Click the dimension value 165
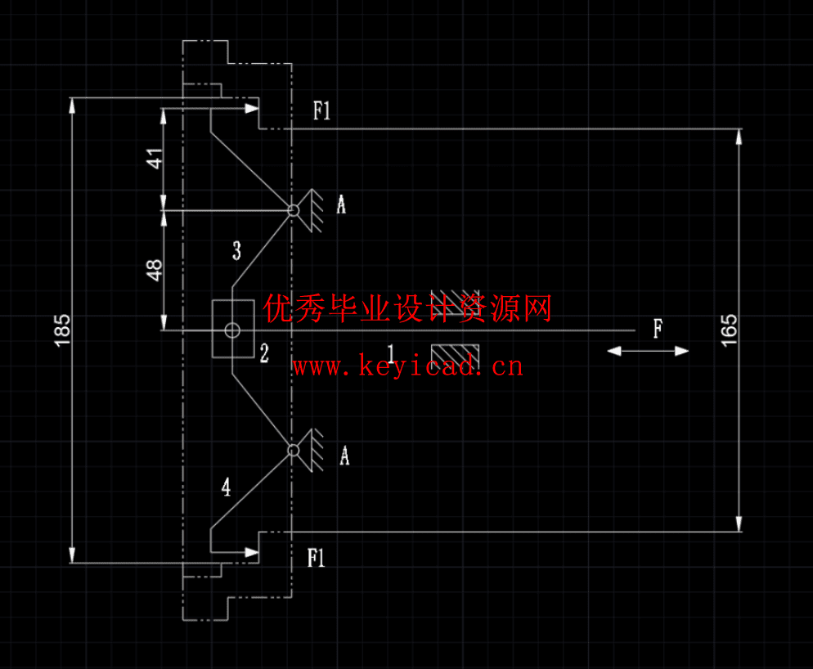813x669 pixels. coord(730,329)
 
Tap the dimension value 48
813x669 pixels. coord(154,270)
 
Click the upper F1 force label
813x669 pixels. coord(322,111)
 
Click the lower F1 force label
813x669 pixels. coord(317,559)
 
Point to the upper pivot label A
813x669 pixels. coord(341,204)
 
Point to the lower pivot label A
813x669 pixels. coord(344,456)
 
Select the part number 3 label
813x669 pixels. coord(236,251)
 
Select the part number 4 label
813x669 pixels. coord(227,488)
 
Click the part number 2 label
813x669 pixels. coord(264,354)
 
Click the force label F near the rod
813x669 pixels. coord(658,330)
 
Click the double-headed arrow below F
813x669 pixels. coord(649,351)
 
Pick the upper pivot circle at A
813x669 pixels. coord(294,210)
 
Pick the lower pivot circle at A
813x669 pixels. coord(294,449)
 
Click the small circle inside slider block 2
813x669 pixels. coord(232,330)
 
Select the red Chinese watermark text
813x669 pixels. coord(407,309)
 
